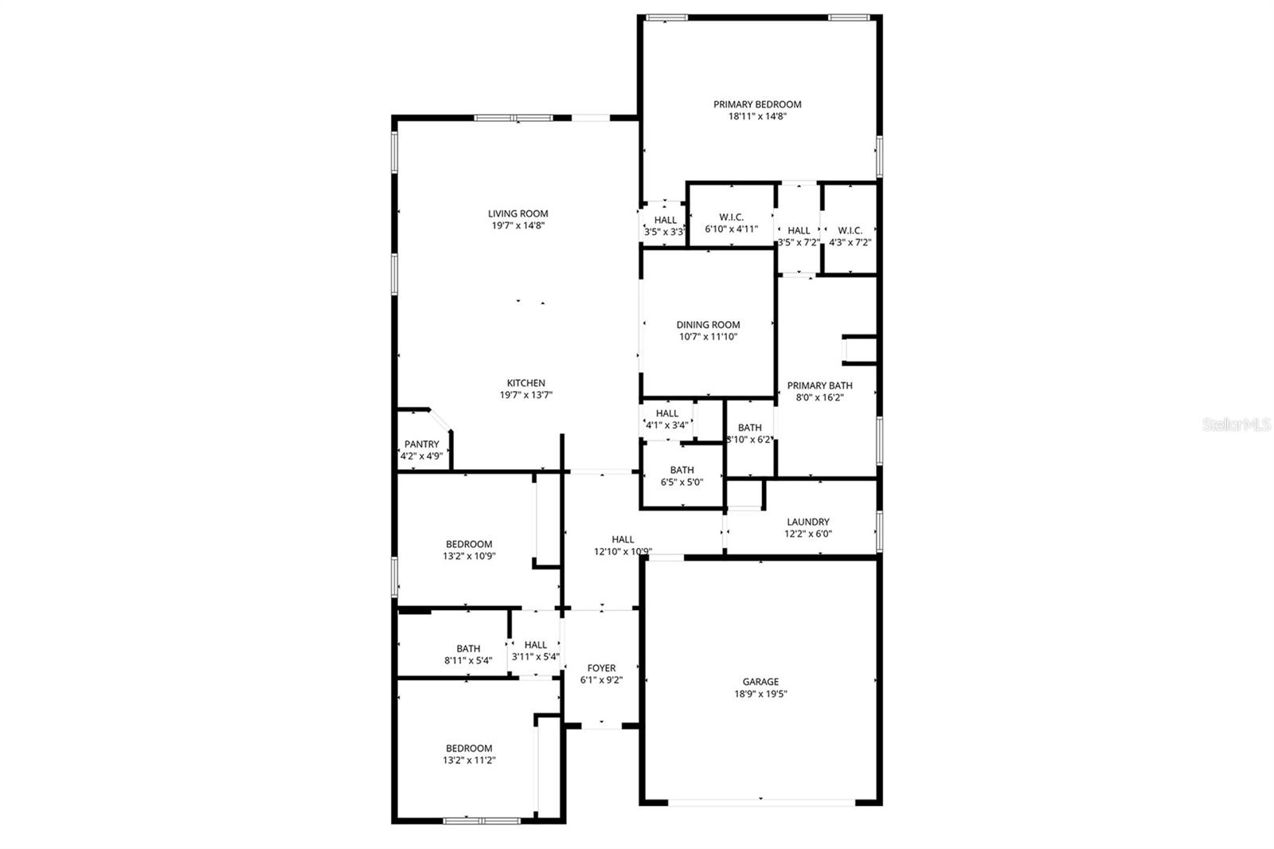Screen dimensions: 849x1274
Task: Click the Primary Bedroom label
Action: pyautogui.click(x=756, y=104)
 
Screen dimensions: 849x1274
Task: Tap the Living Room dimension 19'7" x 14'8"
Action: pyautogui.click(x=518, y=226)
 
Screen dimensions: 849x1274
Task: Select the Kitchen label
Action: pyautogui.click(x=526, y=383)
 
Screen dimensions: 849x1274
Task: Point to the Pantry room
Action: pyautogui.click(x=421, y=450)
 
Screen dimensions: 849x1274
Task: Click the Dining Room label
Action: pyautogui.click(x=708, y=325)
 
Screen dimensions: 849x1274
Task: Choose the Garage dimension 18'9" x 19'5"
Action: pyautogui.click(x=760, y=694)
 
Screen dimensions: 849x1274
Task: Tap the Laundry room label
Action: pyautogui.click(x=807, y=522)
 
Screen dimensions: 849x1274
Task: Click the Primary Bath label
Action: pyautogui.click(x=819, y=385)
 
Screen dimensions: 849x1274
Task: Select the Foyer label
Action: pyautogui.click(x=601, y=668)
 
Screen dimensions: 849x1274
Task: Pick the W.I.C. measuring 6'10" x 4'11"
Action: pyautogui.click(x=731, y=223)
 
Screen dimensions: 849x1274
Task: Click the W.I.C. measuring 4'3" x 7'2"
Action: pyautogui.click(x=850, y=236)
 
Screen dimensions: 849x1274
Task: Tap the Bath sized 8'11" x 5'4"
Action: pyautogui.click(x=468, y=654)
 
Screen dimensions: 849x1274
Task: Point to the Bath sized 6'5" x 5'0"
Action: pyautogui.click(x=682, y=475)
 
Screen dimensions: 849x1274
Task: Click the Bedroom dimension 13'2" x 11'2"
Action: pyautogui.click(x=469, y=761)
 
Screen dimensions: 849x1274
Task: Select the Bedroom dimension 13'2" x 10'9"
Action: pyautogui.click(x=469, y=557)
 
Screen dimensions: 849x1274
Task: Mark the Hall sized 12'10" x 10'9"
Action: pyautogui.click(x=623, y=546)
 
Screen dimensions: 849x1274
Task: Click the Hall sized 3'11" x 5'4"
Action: pyautogui.click(x=535, y=651)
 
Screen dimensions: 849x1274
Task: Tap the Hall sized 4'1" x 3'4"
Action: pyautogui.click(x=666, y=419)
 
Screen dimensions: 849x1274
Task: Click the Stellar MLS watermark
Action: pyautogui.click(x=1236, y=425)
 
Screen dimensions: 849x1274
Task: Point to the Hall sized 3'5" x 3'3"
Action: pyautogui.click(x=665, y=226)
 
